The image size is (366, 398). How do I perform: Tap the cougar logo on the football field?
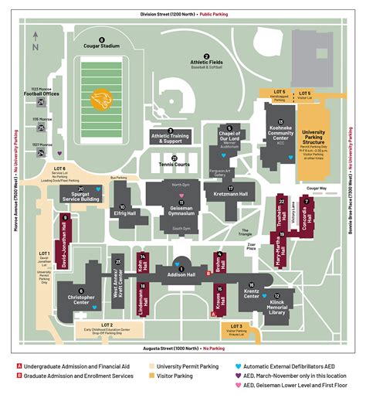coord(102,100)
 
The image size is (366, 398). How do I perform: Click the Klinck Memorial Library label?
coord(276,308)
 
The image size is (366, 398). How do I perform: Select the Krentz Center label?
coord(251,294)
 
